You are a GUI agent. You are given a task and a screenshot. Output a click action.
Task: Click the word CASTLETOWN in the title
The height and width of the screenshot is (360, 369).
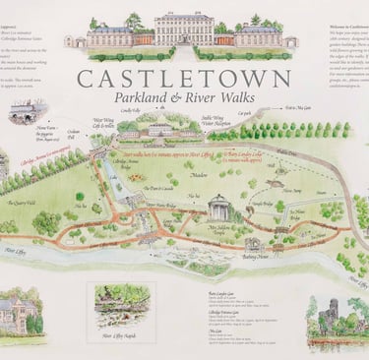[x=183, y=79]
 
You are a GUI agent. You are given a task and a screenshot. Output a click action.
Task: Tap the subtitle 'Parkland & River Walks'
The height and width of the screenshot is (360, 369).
[x=184, y=100]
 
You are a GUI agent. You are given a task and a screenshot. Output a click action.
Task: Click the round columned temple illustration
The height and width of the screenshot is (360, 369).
[x=219, y=208]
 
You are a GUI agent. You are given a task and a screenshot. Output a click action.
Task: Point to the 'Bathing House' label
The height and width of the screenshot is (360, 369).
[x=255, y=257]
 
